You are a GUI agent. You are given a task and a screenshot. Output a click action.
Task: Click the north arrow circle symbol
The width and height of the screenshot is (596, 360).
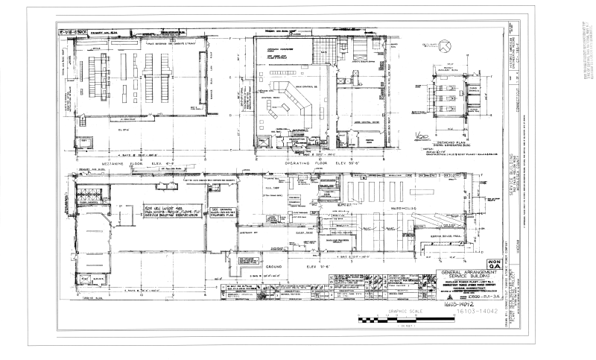click(444, 46)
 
